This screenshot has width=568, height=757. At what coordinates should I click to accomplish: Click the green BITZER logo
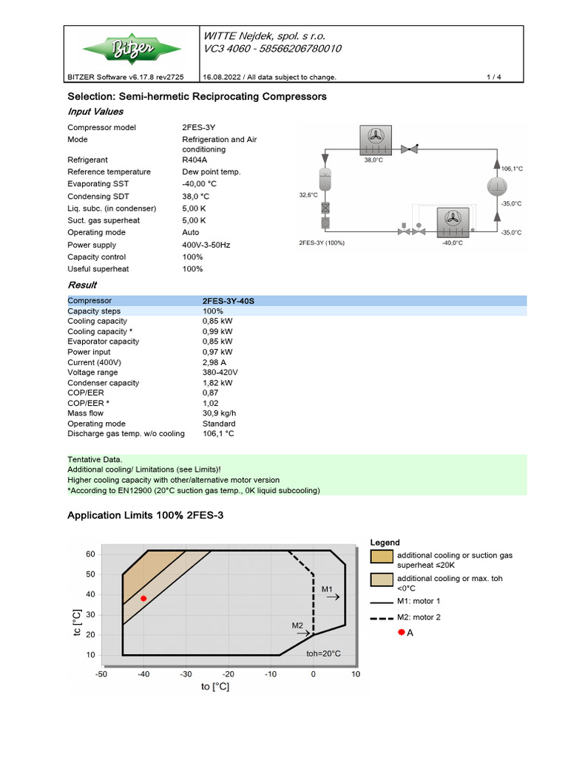point(131,49)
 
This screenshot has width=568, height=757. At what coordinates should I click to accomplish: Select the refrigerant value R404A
point(196,160)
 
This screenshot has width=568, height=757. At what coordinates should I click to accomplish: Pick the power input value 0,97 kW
point(217,352)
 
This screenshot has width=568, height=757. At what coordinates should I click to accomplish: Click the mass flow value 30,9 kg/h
point(219,413)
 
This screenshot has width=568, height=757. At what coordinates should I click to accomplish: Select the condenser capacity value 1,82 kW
point(217,383)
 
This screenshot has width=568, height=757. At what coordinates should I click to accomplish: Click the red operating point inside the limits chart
point(143,598)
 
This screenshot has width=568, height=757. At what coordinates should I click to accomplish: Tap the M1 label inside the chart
point(328,588)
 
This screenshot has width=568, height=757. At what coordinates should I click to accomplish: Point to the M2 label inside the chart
point(298,625)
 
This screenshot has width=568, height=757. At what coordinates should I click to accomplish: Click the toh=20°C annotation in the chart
point(323,654)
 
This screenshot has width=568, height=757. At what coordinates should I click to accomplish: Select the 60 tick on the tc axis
point(90,554)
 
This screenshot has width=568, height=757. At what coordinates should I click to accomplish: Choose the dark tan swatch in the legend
point(381,555)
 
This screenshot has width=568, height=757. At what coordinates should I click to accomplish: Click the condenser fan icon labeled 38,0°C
point(373,138)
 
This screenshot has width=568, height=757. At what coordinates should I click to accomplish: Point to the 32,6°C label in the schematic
point(308,195)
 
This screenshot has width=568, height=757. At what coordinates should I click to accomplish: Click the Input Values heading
point(95,111)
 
